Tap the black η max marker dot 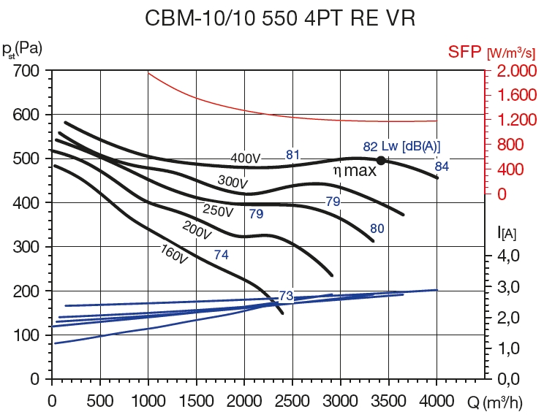coord(381,160)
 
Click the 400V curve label coord(246,158)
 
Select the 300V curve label coord(232,181)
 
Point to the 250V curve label coord(218,212)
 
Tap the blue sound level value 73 coord(286,296)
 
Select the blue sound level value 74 coord(222,254)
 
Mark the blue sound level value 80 coord(377,229)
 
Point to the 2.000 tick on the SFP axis coord(515,72)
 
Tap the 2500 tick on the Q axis coord(292,400)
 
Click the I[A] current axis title coord(507,233)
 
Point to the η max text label coord(355,171)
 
